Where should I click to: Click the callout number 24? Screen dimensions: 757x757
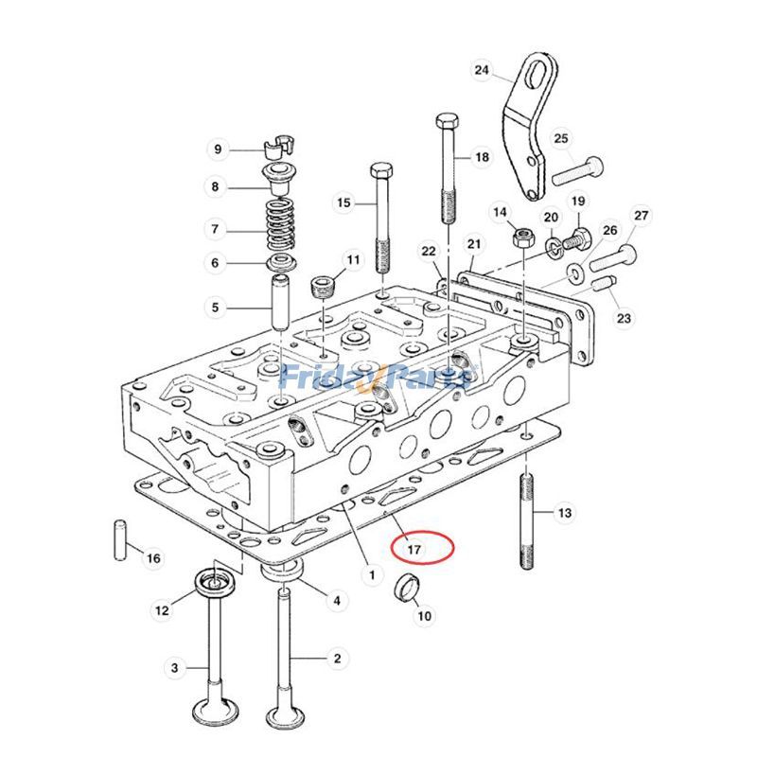(x=483, y=71)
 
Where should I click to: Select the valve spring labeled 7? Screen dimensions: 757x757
(x=278, y=228)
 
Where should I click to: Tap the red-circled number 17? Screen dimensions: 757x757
(x=414, y=549)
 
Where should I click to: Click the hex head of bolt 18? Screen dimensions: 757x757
(x=448, y=122)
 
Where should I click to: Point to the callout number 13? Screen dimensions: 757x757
(x=564, y=513)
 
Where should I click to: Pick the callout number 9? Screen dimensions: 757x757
(x=218, y=150)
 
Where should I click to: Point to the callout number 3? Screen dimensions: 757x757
(x=174, y=668)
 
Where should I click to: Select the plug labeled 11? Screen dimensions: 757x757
(x=324, y=283)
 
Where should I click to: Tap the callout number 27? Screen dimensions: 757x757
(x=642, y=216)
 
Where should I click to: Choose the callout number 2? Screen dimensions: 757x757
(x=336, y=658)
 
